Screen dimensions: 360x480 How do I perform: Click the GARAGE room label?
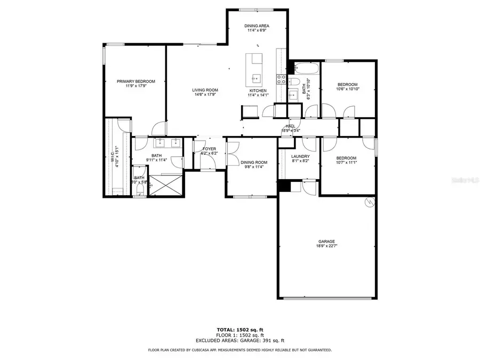(326, 241)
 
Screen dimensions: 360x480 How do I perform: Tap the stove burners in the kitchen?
(281, 79)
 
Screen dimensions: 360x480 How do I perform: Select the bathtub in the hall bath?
(306, 69)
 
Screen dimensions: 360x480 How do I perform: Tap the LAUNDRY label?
(300, 156)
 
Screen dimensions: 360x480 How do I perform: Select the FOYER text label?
(209, 149)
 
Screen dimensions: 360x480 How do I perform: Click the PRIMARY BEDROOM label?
(136, 81)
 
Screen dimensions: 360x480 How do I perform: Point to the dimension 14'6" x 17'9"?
(205, 95)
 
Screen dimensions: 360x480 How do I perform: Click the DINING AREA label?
(257, 25)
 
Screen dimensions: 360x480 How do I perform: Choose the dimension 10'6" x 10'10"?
(347, 89)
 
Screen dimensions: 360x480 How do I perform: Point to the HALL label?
(290, 126)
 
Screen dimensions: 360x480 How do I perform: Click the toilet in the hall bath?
(293, 81)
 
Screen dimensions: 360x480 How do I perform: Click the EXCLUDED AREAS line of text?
(239, 340)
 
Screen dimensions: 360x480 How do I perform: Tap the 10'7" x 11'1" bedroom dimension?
(347, 163)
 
